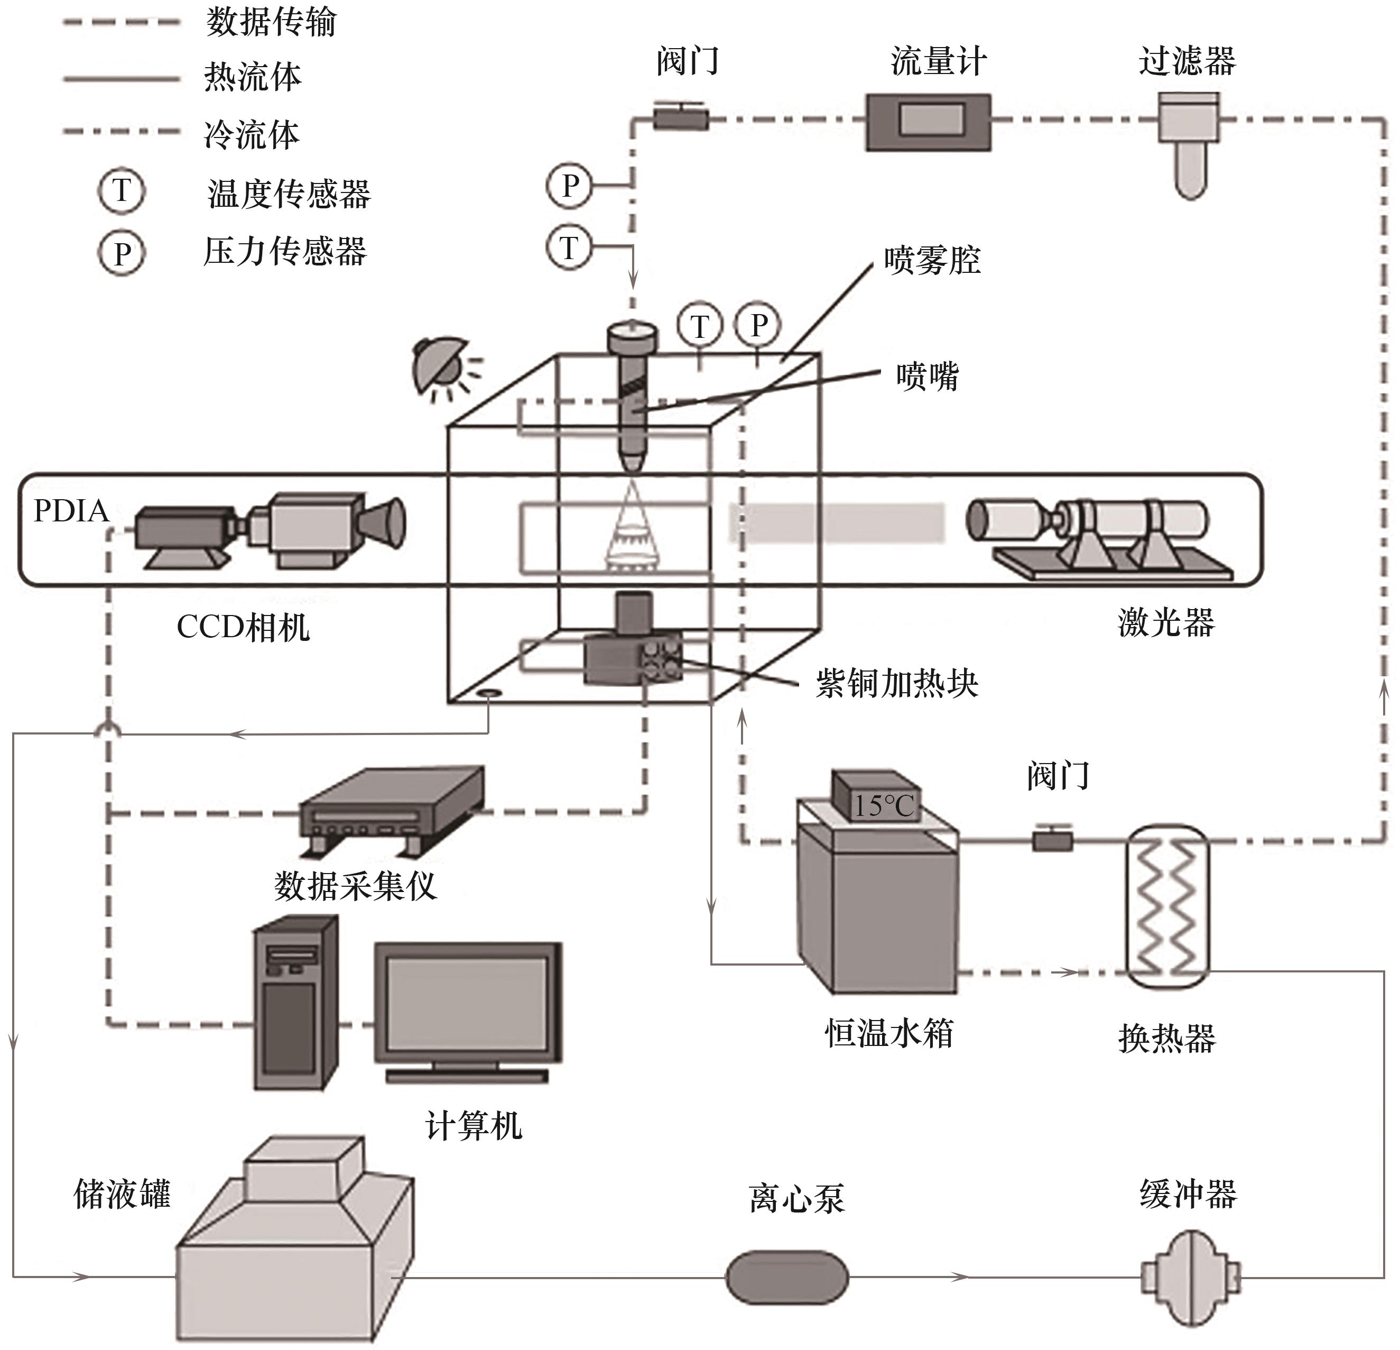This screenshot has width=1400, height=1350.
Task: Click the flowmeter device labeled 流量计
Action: pyautogui.click(x=928, y=122)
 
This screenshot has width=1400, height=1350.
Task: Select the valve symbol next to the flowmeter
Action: pyautogui.click(x=681, y=117)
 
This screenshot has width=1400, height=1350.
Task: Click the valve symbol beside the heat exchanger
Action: pyautogui.click(x=1052, y=839)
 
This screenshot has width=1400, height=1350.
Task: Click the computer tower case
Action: pyautogui.click(x=295, y=1004)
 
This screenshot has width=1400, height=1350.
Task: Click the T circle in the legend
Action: pyautogui.click(x=122, y=191)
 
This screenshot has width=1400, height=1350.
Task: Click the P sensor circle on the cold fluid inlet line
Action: pyautogui.click(x=569, y=186)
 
